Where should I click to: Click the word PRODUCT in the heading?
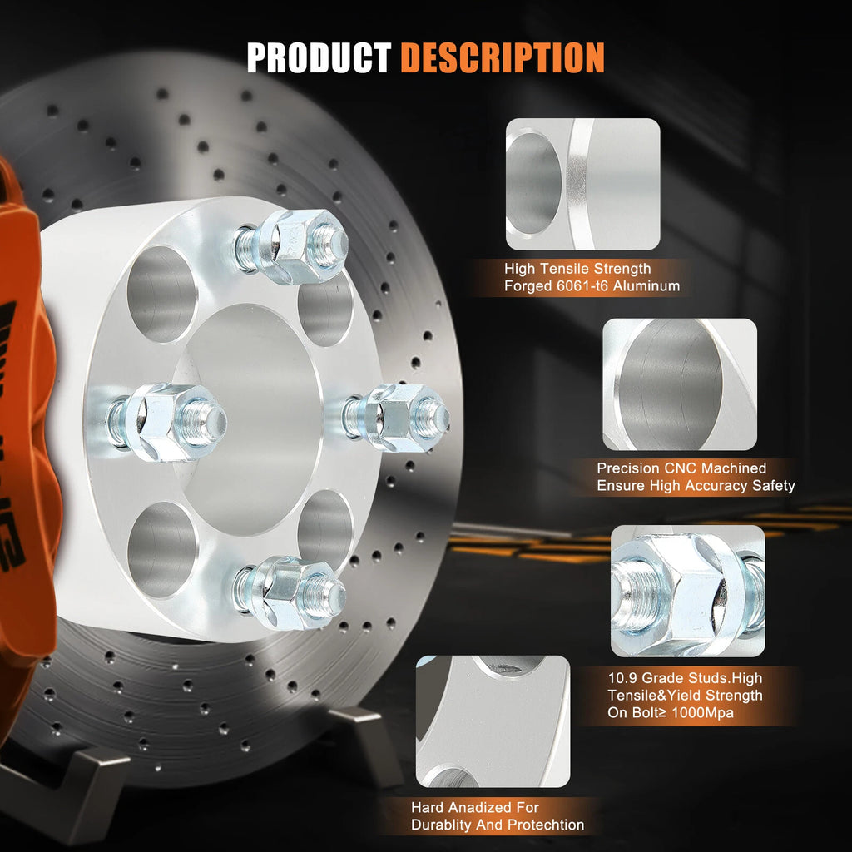(319, 57)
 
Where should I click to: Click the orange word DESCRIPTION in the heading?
(503, 57)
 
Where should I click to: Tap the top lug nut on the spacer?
(291, 246)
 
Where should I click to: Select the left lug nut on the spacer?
(166, 422)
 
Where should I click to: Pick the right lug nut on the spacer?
(395, 418)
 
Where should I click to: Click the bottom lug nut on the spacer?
(290, 592)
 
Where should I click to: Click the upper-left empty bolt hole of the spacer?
(162, 294)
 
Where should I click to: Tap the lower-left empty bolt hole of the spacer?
(162, 549)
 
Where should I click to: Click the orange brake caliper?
(24, 434)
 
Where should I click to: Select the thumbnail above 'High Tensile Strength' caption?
(583, 184)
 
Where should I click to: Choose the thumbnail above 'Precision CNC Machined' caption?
(680, 384)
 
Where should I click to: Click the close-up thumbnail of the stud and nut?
(688, 592)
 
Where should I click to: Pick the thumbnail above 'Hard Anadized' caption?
(493, 721)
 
